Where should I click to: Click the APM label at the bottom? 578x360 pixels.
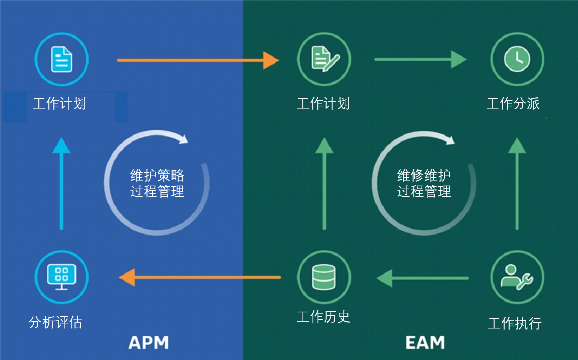(149, 342)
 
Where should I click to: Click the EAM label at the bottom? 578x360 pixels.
(425, 342)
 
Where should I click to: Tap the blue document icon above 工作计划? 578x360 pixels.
(62, 59)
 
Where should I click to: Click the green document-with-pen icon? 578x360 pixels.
(324, 59)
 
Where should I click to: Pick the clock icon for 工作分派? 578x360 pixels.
(517, 59)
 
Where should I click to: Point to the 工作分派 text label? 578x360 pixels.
(513, 104)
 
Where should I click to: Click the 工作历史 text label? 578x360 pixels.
(323, 317)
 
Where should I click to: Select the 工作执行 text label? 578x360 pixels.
(515, 323)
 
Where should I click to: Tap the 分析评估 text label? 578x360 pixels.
(56, 322)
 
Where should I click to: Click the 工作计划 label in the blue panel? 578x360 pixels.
(59, 104)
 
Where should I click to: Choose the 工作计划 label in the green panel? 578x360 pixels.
(323, 104)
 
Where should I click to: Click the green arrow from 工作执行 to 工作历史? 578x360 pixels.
(423, 278)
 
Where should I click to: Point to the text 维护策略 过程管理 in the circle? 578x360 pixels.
(157, 183)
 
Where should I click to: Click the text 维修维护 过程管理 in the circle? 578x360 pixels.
(424, 183)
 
